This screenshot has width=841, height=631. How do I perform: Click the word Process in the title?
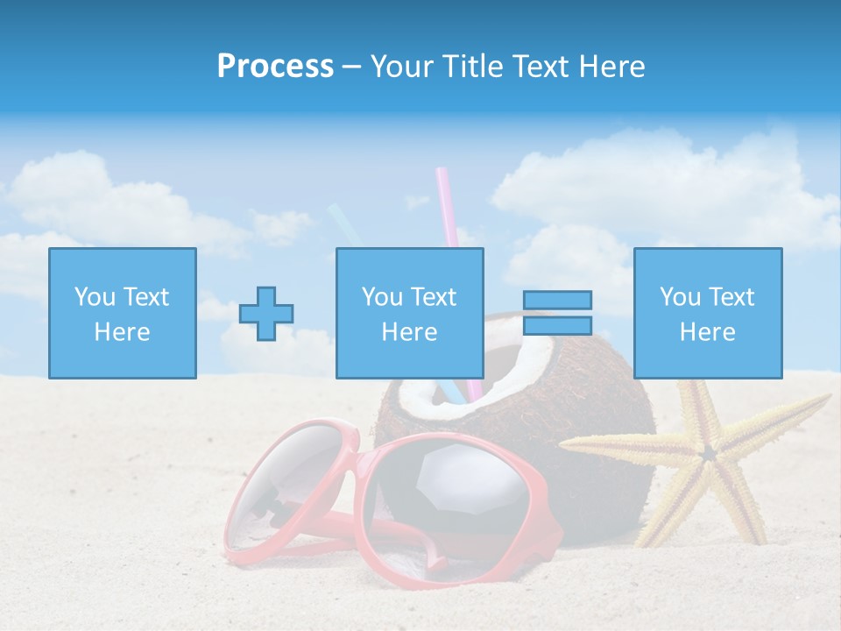point(275,67)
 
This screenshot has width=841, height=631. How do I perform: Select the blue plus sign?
point(266,314)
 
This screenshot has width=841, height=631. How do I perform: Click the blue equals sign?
point(558,313)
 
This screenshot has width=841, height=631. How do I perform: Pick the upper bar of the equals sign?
point(558,301)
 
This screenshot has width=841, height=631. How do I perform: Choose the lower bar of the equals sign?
point(558,326)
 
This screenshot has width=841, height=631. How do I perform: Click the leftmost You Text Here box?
point(122,313)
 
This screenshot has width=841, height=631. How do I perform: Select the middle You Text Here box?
point(409,313)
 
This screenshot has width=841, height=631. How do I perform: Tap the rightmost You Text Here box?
point(707,313)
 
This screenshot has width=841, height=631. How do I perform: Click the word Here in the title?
point(611,67)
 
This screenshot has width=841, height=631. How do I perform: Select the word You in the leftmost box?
point(95,297)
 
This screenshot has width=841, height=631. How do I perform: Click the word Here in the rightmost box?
point(707,332)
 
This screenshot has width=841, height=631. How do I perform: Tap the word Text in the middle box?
point(434,297)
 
